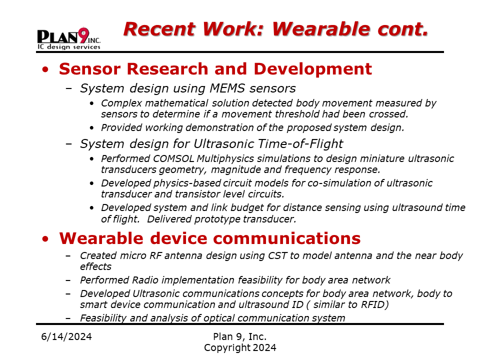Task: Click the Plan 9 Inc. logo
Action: coord(69,38)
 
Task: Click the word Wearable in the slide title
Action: coord(321,29)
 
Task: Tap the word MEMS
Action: coord(227,88)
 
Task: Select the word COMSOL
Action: coord(173,158)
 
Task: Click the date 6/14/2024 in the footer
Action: coord(66,336)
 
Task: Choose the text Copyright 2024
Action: coord(240,348)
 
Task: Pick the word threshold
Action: coord(296,114)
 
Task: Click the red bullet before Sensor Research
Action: coord(45,69)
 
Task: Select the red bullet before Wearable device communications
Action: coord(45,239)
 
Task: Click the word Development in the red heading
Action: coord(313,69)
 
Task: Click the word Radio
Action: coord(145,280)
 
